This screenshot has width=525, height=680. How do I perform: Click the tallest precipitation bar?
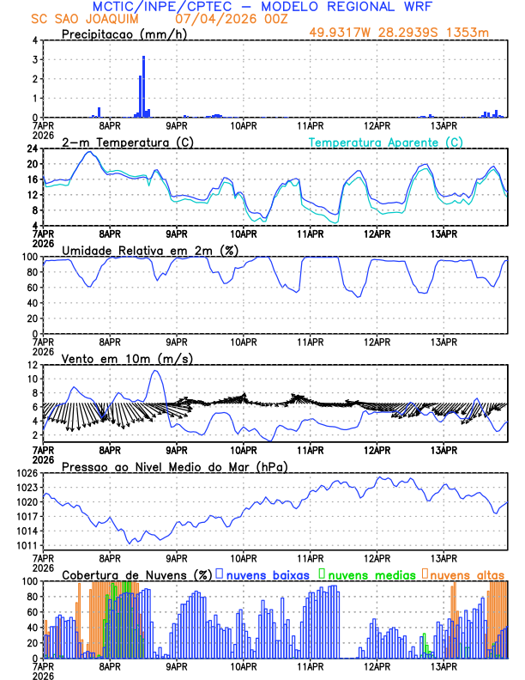point(143,86)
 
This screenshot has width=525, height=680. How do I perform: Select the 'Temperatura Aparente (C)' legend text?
point(386,143)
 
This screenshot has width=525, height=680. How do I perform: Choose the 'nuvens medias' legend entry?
point(365,574)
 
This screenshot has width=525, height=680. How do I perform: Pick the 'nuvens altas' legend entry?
point(463,574)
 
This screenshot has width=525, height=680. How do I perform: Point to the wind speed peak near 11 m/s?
point(155,371)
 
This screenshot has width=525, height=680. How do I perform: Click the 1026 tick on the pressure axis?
point(29,473)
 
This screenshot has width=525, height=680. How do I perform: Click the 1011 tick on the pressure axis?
point(29,545)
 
